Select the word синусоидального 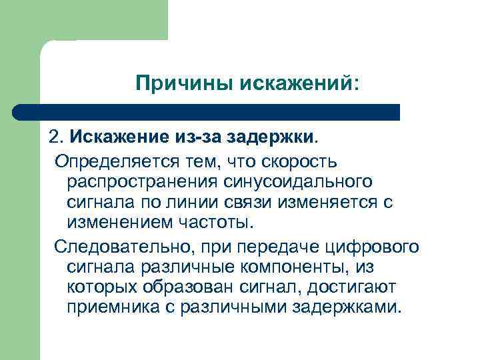pos(299,182)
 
